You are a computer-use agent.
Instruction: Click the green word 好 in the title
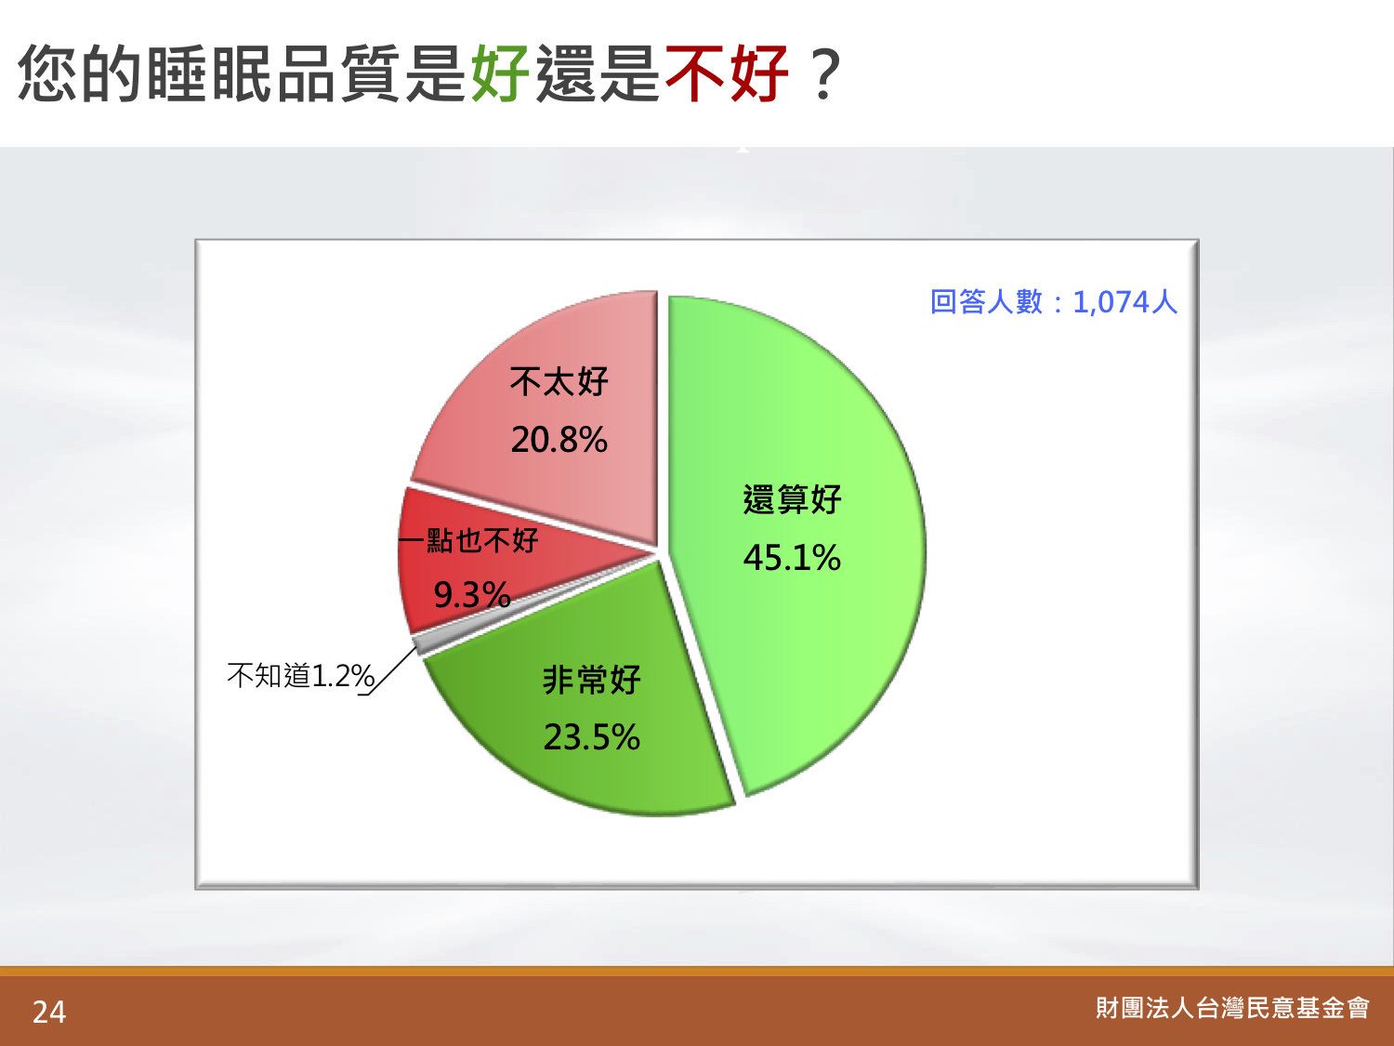click(x=500, y=73)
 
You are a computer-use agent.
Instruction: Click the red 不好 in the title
click(x=727, y=73)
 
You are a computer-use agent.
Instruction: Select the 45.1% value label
click(x=792, y=558)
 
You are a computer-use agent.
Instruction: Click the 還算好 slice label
click(x=792, y=499)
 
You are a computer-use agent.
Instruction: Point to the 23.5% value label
click(x=592, y=737)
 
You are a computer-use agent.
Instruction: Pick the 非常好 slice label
click(x=592, y=680)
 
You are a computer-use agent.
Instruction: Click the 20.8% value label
click(x=559, y=440)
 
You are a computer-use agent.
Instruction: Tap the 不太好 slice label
click(x=559, y=382)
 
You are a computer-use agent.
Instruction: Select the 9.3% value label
click(x=472, y=595)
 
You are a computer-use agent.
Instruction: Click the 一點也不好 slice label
click(x=468, y=540)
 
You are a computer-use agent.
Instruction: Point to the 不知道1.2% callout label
click(x=301, y=675)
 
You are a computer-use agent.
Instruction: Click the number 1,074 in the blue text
click(x=1111, y=302)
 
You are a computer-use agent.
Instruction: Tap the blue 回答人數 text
click(x=986, y=301)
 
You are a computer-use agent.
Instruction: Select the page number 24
click(x=49, y=1013)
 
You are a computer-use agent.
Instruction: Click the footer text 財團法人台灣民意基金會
click(x=1232, y=1008)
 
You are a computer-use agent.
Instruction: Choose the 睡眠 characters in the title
click(x=210, y=73)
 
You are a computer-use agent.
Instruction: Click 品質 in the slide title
click(x=339, y=73)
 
